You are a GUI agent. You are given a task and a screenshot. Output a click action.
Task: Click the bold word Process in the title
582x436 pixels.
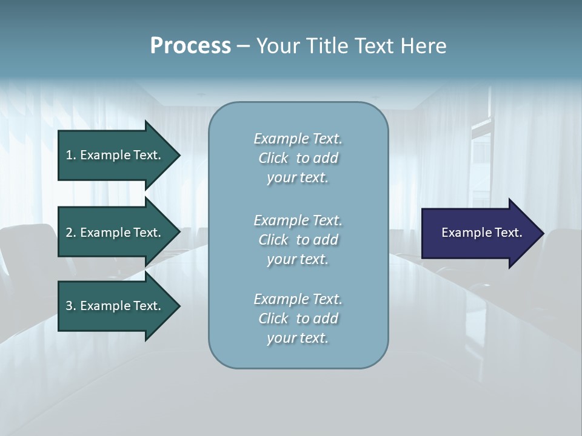[190, 46]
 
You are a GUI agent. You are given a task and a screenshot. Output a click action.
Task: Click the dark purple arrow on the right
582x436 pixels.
[479, 233]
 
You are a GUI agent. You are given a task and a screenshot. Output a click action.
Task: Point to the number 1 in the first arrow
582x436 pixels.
[69, 155]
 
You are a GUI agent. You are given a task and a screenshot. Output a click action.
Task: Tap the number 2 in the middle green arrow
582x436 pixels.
[70, 233]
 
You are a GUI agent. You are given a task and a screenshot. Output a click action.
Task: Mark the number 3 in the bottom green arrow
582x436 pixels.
[70, 306]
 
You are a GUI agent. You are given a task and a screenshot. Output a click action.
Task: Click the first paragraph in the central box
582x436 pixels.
[298, 158]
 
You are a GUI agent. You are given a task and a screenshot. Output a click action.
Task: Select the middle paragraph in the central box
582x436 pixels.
[298, 240]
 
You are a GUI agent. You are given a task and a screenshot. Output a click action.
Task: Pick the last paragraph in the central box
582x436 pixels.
[298, 319]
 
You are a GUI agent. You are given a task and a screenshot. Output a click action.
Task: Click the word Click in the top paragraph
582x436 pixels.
[273, 158]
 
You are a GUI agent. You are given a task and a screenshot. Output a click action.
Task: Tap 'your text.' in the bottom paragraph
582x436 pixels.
[298, 338]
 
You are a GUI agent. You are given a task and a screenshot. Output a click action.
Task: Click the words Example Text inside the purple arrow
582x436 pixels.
[481, 233]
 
